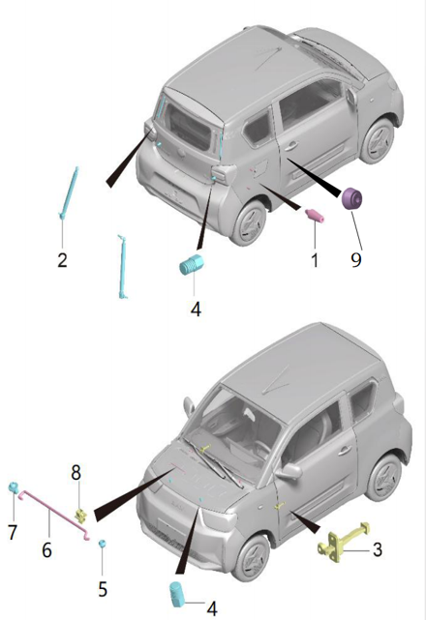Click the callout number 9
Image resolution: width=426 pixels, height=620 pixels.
point(356,260)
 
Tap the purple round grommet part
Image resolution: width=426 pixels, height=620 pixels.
point(352,198)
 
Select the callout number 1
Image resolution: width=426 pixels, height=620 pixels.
point(315,260)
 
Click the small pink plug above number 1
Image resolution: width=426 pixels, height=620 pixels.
point(315,216)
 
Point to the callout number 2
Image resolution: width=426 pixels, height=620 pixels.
point(62,260)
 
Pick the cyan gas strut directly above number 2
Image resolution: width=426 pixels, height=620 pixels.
point(69,192)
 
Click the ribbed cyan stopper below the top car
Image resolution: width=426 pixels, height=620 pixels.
point(192,264)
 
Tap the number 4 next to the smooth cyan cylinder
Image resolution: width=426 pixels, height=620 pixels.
point(212,608)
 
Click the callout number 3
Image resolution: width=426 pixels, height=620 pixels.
point(378,549)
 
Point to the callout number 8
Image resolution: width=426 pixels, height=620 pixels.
point(76,472)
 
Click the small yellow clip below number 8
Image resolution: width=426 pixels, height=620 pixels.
point(81,516)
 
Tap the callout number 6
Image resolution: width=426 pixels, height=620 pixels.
point(46,549)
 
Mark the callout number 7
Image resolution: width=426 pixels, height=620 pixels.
point(13,532)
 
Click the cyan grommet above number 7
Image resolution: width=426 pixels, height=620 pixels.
point(14,487)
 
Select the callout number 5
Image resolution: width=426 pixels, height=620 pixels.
point(103,589)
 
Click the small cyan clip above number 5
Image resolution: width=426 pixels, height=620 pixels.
point(103,544)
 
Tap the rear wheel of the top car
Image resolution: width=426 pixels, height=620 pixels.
point(251,221)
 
